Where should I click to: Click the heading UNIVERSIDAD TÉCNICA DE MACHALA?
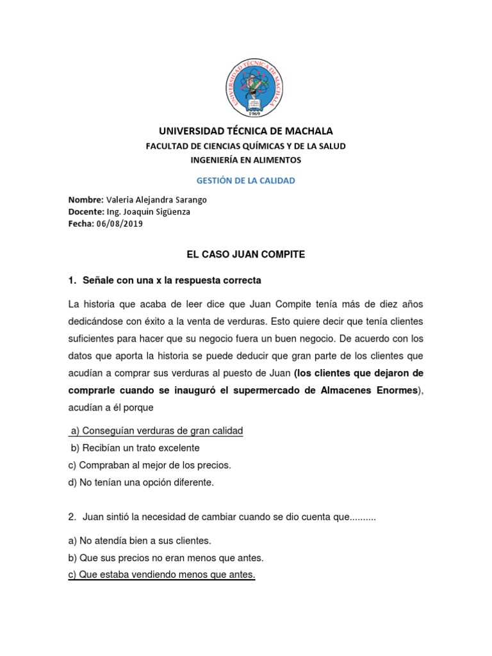pos(246,131)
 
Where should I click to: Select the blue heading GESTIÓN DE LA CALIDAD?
pos(246,181)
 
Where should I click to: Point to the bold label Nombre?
pos(85,199)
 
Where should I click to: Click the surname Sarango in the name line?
pos(190,199)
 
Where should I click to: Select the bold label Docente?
pos(86,211)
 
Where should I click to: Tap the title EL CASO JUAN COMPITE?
pos(246,254)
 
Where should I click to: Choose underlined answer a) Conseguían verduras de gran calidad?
pos(156,430)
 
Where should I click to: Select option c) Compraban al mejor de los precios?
pos(149,465)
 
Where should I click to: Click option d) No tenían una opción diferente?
pos(141,482)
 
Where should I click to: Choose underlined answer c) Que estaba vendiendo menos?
pos(161,575)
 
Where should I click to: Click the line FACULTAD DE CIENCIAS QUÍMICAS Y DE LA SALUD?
pos(246,146)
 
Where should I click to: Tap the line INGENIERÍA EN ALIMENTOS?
pos(246,160)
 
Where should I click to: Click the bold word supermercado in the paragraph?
pos(243,390)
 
